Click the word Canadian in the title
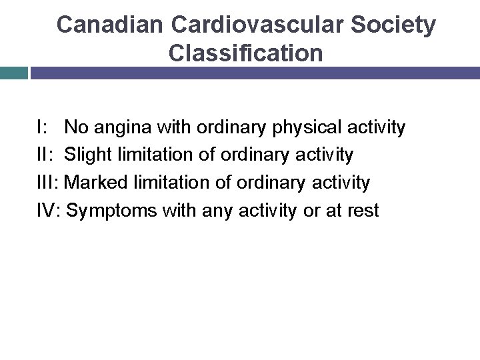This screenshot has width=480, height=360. [x=110, y=25]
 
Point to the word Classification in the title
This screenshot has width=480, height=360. [x=246, y=53]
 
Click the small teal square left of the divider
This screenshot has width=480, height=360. [x=13, y=73]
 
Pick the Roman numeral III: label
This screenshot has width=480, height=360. [x=50, y=183]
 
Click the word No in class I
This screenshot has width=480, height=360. [x=75, y=127]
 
